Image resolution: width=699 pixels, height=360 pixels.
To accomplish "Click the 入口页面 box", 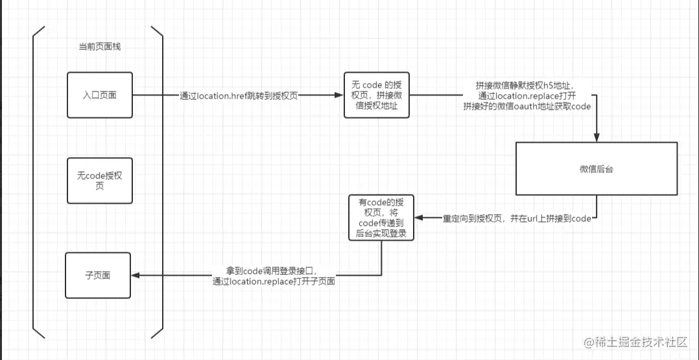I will click(x=99, y=95).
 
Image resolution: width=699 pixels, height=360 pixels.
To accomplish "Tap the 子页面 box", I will click(x=98, y=275).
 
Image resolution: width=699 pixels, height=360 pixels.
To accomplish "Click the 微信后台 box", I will click(x=596, y=169).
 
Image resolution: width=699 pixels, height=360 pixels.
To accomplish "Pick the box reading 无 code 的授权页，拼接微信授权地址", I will click(x=376, y=95).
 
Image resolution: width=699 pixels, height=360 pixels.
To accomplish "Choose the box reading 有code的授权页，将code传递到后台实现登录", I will click(x=381, y=217).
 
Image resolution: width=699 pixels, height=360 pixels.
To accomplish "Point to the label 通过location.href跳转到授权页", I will click(x=239, y=95).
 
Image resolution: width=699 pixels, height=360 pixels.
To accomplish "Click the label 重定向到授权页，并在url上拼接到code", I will click(x=517, y=219).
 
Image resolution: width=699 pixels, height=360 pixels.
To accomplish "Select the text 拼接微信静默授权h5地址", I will click(x=525, y=86).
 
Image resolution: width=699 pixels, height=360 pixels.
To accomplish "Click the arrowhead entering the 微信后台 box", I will click(x=596, y=138).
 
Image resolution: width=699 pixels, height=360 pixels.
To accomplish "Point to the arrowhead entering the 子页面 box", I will click(x=136, y=276).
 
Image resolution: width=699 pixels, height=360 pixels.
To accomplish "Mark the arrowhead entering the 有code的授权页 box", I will click(x=418, y=218).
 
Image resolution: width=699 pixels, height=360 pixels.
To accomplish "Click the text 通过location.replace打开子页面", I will click(x=274, y=282).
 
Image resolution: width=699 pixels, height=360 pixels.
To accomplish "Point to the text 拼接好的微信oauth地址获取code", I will click(x=527, y=106).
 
